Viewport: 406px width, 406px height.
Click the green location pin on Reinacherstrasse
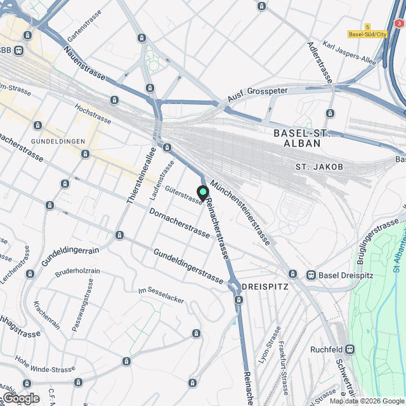point(203,192)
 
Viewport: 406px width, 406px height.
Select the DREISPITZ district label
point(265,287)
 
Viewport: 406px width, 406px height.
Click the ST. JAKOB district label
point(319,167)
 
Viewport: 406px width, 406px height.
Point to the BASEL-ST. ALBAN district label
point(306,138)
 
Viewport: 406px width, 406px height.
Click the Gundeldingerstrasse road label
point(188,266)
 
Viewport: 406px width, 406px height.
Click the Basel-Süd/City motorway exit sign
point(367,34)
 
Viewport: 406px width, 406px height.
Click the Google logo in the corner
point(20,398)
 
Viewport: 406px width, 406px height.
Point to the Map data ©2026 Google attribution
point(366,401)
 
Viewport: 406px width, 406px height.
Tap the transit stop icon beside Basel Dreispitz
point(311,275)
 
